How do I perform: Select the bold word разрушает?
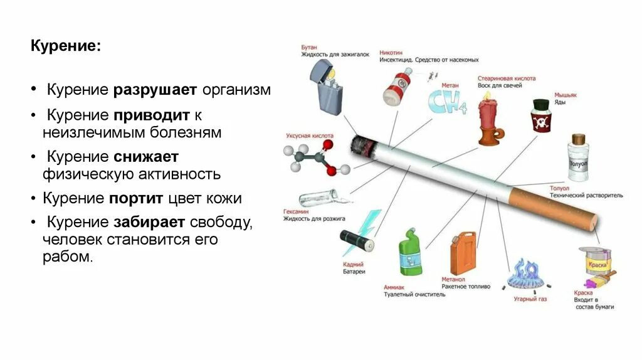[x=155, y=90]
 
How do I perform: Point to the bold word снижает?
[x=146, y=156]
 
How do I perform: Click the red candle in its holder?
[x=490, y=120]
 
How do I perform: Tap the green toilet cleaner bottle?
[x=411, y=255]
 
